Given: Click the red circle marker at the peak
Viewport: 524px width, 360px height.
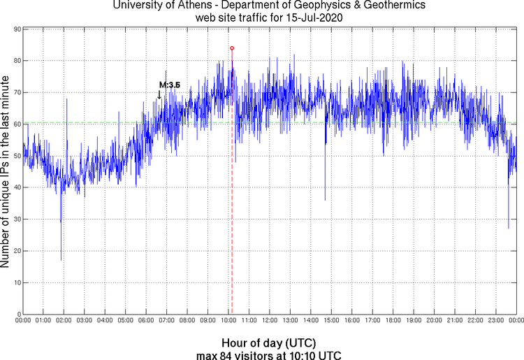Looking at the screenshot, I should click(x=232, y=48).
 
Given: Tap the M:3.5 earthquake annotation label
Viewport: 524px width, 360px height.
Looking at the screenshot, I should click(x=170, y=85).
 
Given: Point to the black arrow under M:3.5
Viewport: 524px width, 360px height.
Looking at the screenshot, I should click(x=159, y=94).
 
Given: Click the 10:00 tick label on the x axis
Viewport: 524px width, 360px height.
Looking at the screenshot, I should click(x=228, y=320).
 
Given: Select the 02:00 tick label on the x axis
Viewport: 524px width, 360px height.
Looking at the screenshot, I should click(x=64, y=320).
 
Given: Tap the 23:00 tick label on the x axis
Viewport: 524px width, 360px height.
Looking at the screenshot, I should click(x=496, y=320).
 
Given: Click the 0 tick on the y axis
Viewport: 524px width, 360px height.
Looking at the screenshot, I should click(x=17, y=314).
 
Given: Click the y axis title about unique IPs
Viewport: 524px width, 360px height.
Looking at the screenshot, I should click(x=6, y=172).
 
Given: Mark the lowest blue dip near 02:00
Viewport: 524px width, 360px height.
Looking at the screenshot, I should click(x=61, y=259).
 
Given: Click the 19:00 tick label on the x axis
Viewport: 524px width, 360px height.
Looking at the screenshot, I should click(x=414, y=320).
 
